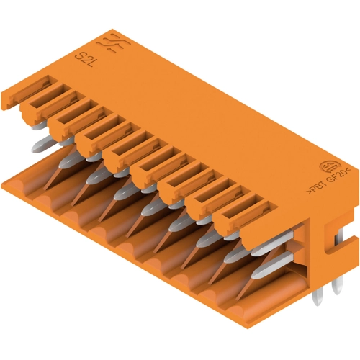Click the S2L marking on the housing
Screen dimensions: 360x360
click(x=84, y=60)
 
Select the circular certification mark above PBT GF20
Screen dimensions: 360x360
click(x=326, y=166)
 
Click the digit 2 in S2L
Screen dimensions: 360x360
click(x=84, y=60)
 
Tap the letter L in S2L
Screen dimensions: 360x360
click(x=90, y=63)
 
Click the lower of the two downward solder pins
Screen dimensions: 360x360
click(x=318, y=297)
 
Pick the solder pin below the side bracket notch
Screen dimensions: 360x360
click(x=337, y=286)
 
